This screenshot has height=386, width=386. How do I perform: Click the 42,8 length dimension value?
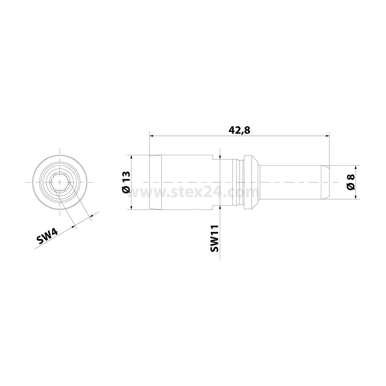tap(239, 130)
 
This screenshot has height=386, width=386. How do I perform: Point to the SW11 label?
tap(214, 238)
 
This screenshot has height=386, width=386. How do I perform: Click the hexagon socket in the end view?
tap(60, 182)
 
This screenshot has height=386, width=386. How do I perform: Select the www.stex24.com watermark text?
tap(195, 192)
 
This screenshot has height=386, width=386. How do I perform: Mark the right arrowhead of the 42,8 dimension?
tap(327, 136)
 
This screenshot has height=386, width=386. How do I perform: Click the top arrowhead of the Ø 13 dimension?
tap(131, 157)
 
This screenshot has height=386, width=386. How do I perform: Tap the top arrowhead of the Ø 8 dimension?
tap(356, 167)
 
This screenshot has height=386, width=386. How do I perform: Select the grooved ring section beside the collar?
tap(237, 182)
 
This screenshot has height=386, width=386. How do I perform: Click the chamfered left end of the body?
tap(155, 182)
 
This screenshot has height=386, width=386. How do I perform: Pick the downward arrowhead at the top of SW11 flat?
tap(220, 157)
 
